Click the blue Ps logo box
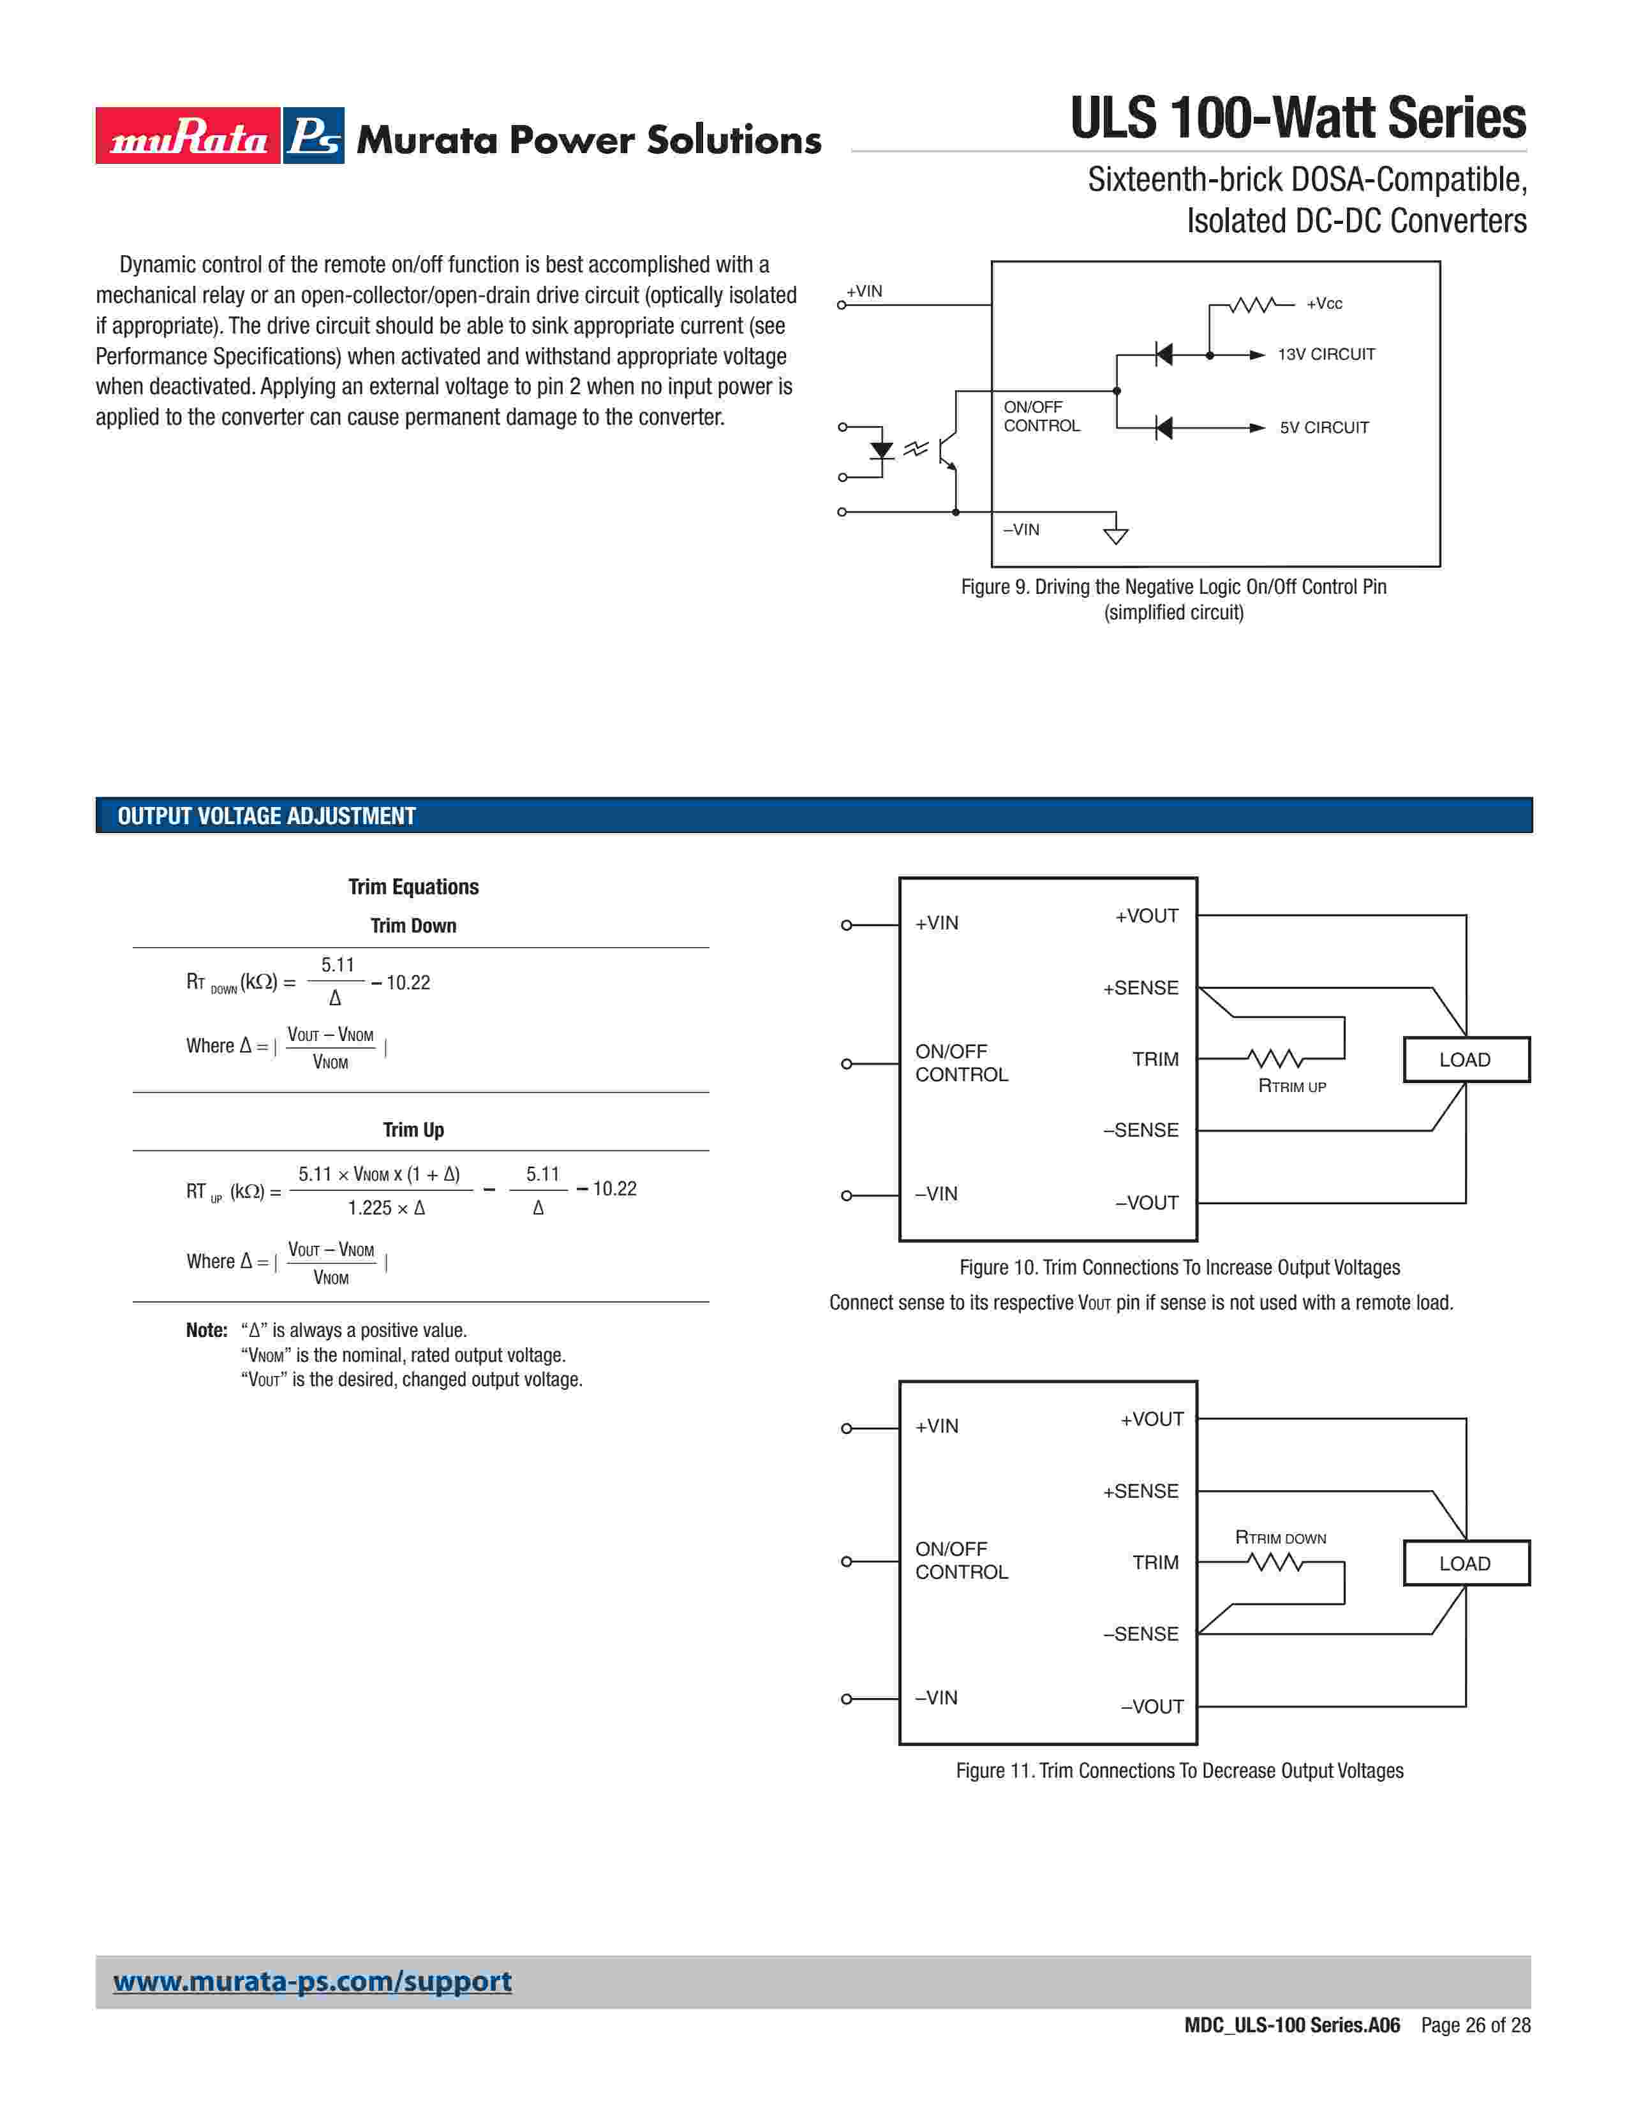pyautogui.click(x=314, y=136)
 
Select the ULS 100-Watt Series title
pyautogui.click(x=1297, y=119)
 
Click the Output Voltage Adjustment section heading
pyautogui.click(x=266, y=816)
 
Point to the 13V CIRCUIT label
pyautogui.click(x=1326, y=355)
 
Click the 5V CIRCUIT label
pyautogui.click(x=1323, y=428)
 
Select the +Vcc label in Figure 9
pyautogui.click(x=1323, y=304)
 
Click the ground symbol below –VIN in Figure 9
pyautogui.click(x=1115, y=535)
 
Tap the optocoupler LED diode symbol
pyautogui.click(x=881, y=451)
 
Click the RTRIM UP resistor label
pyautogui.click(x=1291, y=1086)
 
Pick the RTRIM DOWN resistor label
pyautogui.click(x=1280, y=1537)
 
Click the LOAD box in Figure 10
pyautogui.click(x=1465, y=1060)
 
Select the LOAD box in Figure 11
pyautogui.click(x=1465, y=1563)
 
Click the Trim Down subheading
pyautogui.click(x=413, y=926)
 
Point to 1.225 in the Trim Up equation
pyautogui.click(x=370, y=1208)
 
